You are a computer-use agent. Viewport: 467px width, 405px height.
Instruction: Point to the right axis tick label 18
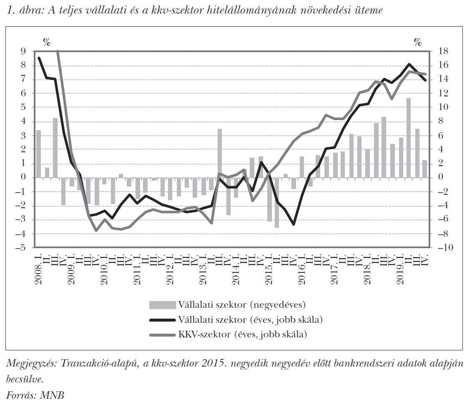click(441, 51)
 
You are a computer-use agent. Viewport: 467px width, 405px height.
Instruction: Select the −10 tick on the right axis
click(442, 248)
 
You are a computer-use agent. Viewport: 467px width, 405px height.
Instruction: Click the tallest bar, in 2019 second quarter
click(409, 138)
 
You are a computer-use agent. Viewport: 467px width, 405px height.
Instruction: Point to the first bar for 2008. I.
click(39, 153)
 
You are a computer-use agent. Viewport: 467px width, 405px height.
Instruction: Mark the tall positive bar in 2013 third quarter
click(220, 153)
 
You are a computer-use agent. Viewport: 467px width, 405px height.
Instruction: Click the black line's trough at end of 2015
click(294, 224)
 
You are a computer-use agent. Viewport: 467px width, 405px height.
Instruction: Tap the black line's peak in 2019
click(409, 64)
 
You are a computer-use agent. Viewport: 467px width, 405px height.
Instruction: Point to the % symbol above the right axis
click(417, 42)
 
